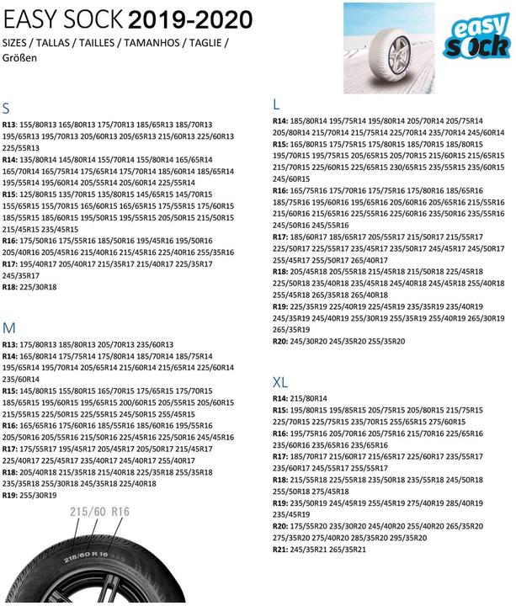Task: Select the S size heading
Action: tap(7, 109)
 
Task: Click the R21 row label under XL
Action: tap(281, 549)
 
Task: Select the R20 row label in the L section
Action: tap(281, 341)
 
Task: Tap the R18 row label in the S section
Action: tap(11, 286)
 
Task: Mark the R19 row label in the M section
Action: tap(11, 495)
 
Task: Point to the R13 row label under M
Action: tap(11, 344)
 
